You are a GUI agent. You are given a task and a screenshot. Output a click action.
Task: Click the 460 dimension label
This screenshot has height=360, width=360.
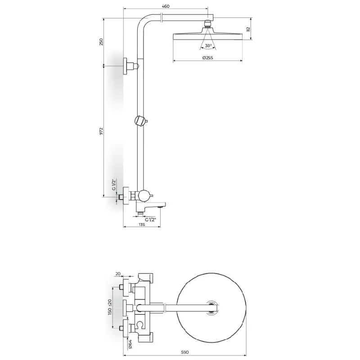tap(166, 6)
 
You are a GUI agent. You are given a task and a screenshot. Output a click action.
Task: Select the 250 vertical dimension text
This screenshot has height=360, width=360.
tap(101, 42)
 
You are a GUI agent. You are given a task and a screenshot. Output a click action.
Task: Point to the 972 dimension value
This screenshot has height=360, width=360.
tap(101, 131)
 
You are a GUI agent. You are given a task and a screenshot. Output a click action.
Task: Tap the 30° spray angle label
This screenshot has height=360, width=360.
tap(208, 46)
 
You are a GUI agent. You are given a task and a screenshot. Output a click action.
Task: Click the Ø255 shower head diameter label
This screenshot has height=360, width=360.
tap(207, 58)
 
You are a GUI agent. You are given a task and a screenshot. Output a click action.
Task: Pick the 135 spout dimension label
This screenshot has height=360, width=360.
tap(142, 224)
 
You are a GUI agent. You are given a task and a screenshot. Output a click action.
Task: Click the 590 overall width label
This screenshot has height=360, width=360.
tap(185, 352)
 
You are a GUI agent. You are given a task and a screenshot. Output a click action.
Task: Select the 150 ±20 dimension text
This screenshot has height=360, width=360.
tap(110, 307)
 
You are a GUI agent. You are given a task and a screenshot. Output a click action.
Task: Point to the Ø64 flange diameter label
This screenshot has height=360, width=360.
tap(130, 344)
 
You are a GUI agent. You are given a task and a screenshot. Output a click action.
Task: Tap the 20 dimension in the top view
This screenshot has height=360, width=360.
tap(118, 274)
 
